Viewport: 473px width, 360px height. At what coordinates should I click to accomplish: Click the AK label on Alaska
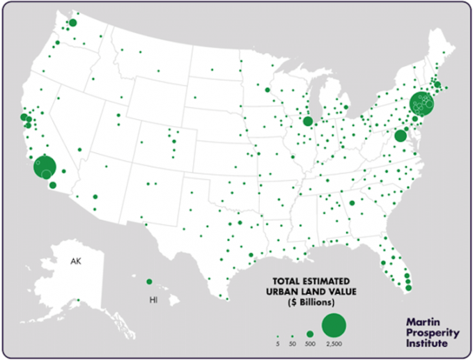[x=75, y=261]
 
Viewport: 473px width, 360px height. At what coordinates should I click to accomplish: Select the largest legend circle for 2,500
[x=333, y=324]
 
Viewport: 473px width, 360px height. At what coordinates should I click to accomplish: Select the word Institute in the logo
[x=430, y=343]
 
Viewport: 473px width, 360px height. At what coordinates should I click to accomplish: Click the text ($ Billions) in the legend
[x=305, y=304]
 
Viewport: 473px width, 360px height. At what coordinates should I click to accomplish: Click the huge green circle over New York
[x=422, y=104]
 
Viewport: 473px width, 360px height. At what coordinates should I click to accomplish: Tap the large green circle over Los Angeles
[x=45, y=167]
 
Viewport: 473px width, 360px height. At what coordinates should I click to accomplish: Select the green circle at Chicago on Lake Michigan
[x=307, y=121]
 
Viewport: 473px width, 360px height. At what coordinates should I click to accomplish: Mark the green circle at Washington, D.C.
[x=400, y=136]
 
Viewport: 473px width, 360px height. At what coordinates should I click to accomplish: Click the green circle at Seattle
[x=72, y=23]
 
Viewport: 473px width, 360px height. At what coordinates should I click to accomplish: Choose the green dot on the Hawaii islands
[x=148, y=281]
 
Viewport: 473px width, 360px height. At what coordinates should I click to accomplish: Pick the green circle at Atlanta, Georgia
[x=352, y=203]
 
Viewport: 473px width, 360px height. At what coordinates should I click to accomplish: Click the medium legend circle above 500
[x=310, y=334]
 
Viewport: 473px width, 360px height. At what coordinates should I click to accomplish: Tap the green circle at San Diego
[x=53, y=185]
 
